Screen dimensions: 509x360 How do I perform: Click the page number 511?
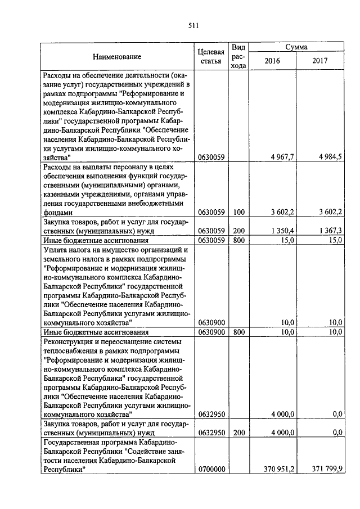coord(193,25)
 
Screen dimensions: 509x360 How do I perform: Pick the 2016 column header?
coord(272,61)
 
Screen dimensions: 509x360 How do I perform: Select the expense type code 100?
coord(239,212)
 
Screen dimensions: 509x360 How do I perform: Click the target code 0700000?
coord(213,469)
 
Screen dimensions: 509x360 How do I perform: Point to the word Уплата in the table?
coord(56,250)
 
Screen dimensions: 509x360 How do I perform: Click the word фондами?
coord(58,213)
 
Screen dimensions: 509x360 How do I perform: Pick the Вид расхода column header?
coord(239,56)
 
